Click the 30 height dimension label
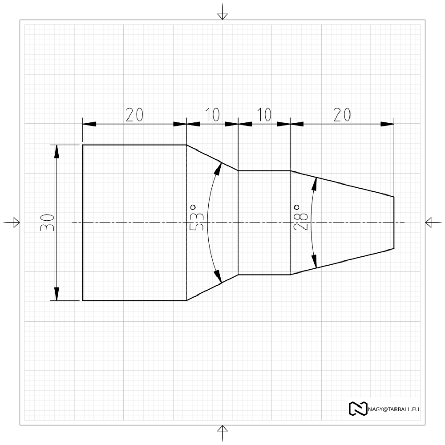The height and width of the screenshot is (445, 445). click(48, 222)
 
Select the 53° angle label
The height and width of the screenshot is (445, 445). click(196, 217)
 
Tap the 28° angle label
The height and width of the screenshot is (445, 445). click(300, 217)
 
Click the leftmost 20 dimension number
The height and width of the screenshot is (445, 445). click(134, 115)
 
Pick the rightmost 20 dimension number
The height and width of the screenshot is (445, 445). click(342, 115)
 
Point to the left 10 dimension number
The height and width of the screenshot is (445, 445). click(212, 115)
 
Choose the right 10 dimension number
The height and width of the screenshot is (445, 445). click(264, 115)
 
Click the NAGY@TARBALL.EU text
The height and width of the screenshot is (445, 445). click(393, 409)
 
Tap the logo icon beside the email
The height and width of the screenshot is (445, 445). click(358, 409)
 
